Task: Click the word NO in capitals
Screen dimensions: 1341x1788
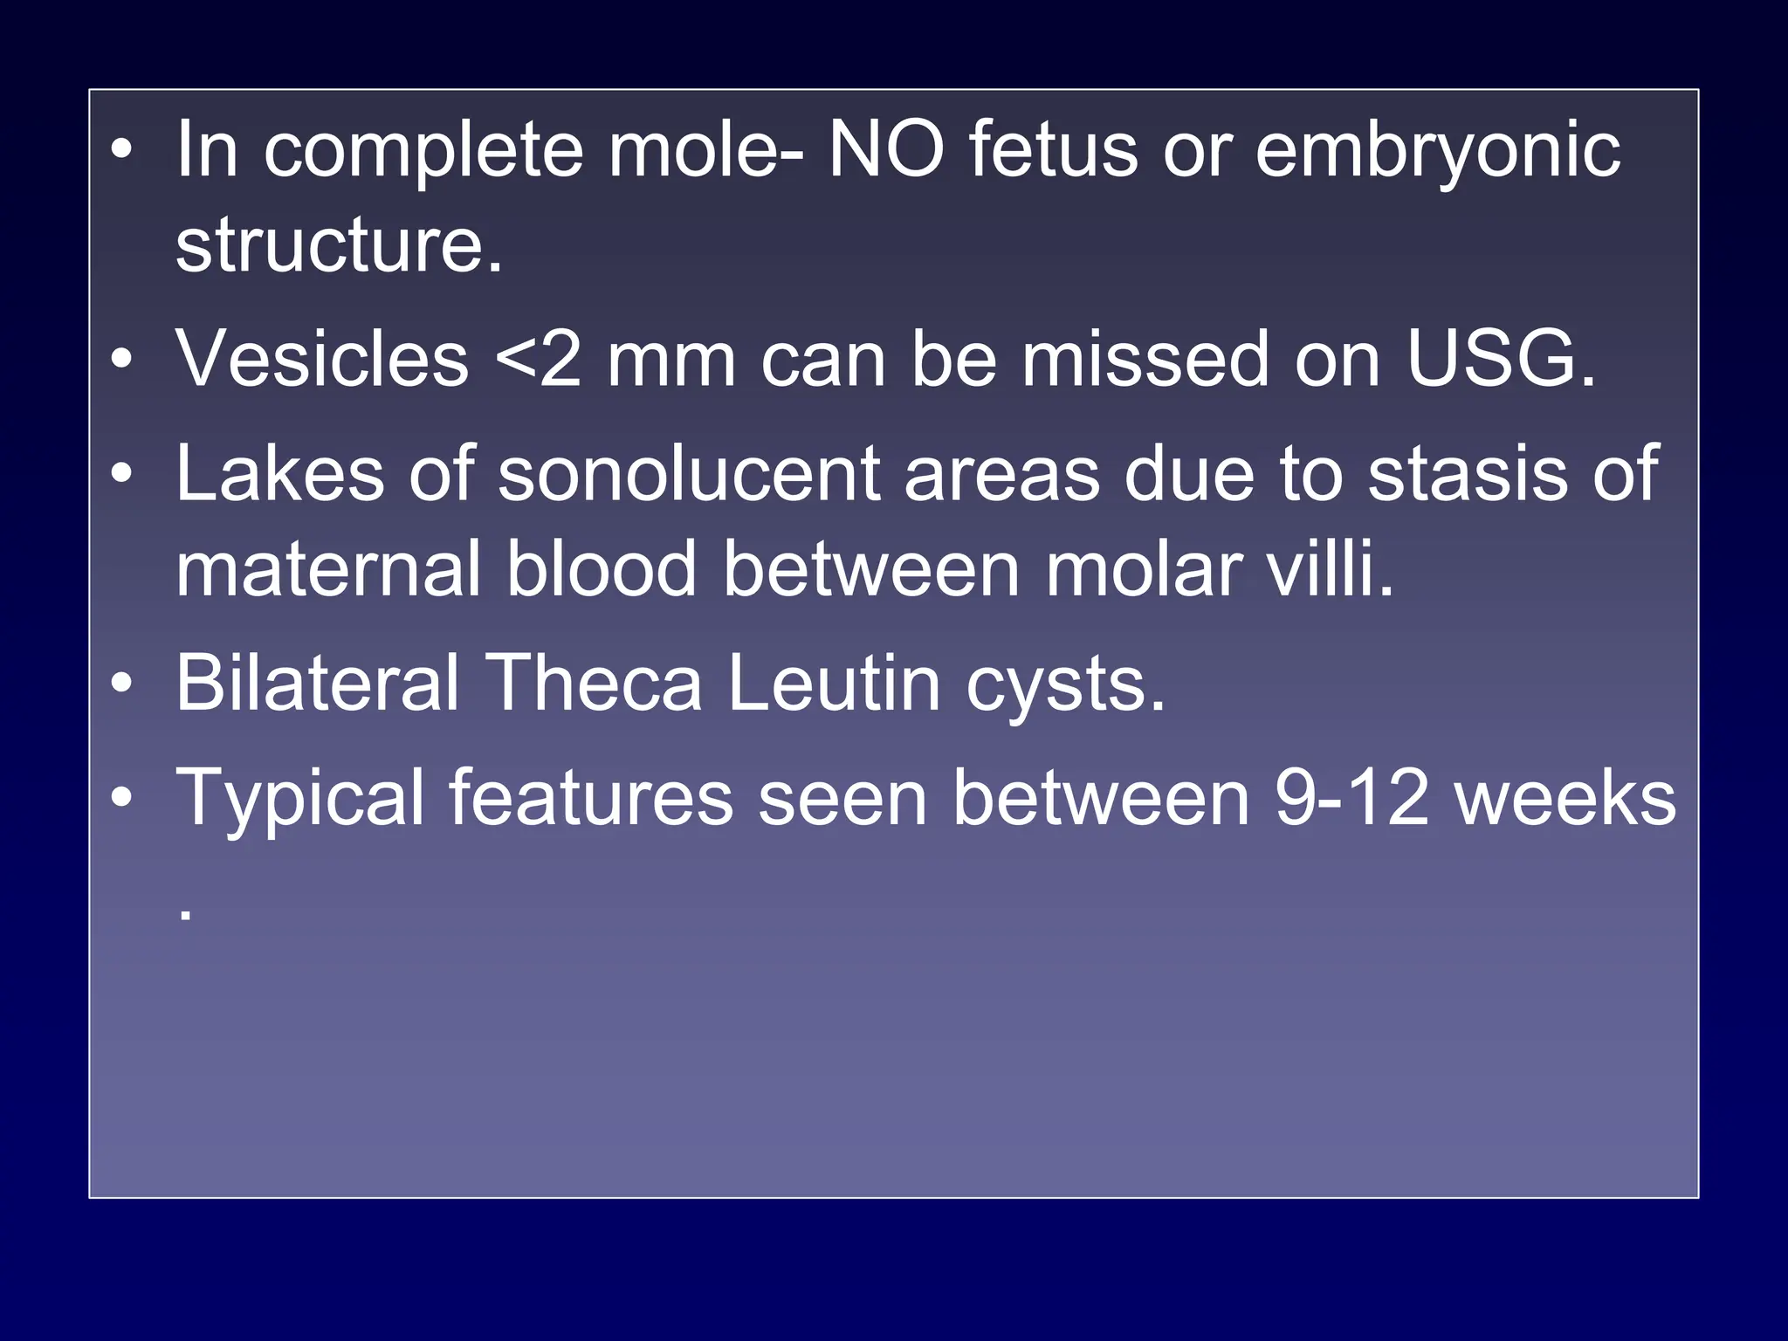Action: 885,150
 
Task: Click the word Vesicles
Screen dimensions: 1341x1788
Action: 322,359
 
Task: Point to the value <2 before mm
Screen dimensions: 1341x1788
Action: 538,359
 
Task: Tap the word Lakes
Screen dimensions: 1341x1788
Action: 279,473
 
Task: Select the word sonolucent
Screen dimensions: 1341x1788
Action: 688,473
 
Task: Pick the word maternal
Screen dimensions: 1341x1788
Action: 328,569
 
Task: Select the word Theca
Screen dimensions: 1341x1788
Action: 593,683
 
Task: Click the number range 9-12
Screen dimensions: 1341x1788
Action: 1351,797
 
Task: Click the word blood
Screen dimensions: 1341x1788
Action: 602,569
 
